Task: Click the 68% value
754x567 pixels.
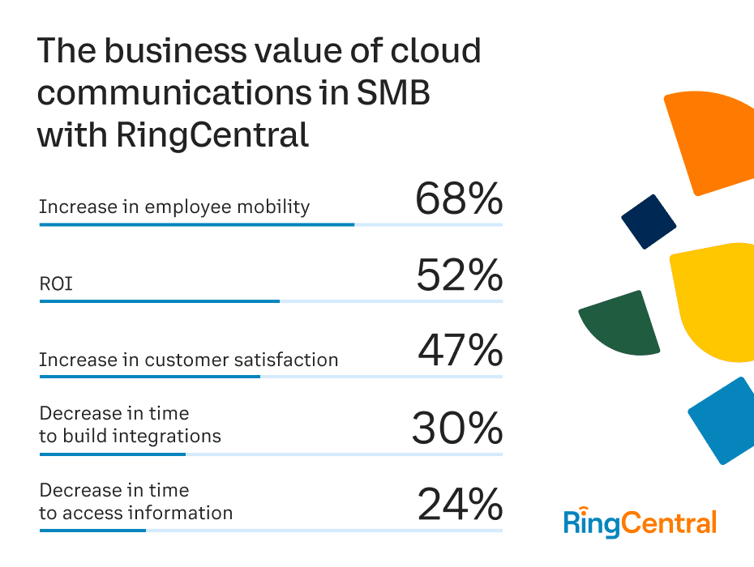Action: (459, 199)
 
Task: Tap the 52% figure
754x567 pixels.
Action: (459, 276)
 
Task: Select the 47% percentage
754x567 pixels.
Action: (460, 352)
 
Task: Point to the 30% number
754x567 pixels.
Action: (457, 428)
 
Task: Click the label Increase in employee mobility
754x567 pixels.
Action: (174, 207)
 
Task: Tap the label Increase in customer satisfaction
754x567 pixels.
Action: (188, 360)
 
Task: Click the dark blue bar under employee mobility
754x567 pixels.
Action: (196, 224)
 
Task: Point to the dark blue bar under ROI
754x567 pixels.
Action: (159, 301)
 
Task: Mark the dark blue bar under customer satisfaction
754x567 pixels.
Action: (149, 377)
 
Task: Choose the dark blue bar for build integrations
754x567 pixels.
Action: (112, 454)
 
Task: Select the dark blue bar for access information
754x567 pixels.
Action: (92, 531)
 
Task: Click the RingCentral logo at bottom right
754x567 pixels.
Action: (640, 523)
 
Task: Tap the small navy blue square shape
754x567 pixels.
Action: (649, 221)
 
